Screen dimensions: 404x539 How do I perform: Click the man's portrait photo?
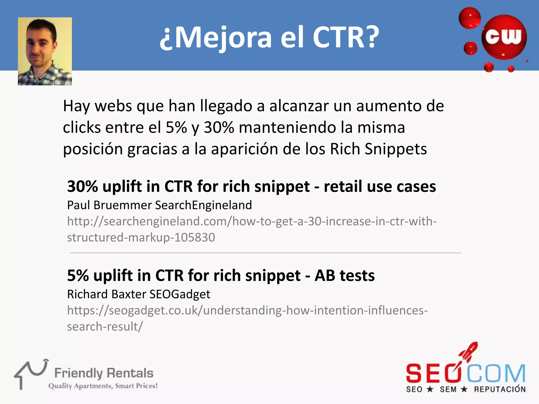(x=45, y=51)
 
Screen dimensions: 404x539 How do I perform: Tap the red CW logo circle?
(x=504, y=37)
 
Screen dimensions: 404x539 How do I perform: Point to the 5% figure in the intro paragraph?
(x=176, y=128)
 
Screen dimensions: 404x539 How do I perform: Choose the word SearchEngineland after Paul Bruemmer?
(x=203, y=205)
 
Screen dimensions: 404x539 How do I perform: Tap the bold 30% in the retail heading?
(x=82, y=186)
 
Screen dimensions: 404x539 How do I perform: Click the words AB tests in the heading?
(x=345, y=276)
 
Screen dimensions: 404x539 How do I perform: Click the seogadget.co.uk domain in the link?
(x=154, y=311)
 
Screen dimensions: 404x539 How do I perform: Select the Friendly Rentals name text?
(x=104, y=373)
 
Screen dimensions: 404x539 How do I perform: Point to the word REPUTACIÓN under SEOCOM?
(x=500, y=389)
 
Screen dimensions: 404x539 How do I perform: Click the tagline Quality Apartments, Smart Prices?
(x=103, y=386)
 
